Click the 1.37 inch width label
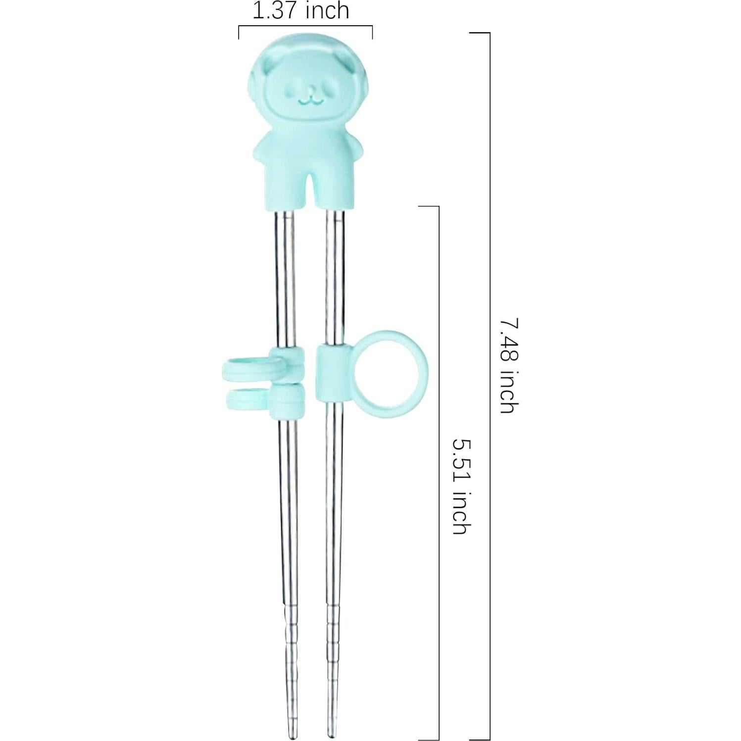301,11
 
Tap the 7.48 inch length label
509,365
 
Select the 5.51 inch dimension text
460,486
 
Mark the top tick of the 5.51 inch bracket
429,206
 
